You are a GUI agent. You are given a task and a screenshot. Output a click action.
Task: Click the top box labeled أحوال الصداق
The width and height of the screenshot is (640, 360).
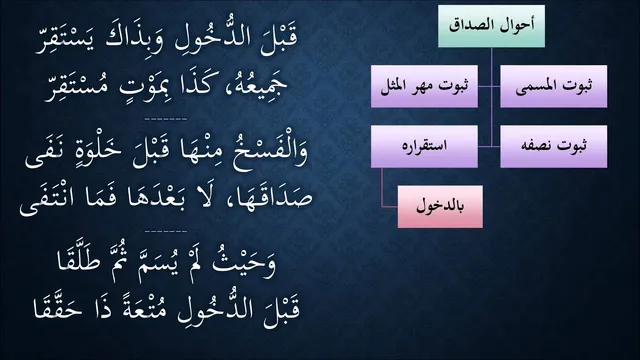coord(491,26)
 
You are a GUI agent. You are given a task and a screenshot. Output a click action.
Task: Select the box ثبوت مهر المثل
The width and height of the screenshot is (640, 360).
coord(424,87)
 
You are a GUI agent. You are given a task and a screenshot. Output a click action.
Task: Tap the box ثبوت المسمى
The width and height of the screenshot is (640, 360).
coord(553,87)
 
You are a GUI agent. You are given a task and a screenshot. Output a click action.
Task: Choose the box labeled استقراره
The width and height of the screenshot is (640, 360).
coord(424,147)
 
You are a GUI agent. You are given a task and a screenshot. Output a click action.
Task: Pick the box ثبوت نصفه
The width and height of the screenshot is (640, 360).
coord(553,147)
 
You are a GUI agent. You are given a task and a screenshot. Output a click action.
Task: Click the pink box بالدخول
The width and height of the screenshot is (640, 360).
coord(440,207)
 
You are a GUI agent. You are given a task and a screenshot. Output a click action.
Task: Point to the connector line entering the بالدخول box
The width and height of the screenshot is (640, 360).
coord(390,207)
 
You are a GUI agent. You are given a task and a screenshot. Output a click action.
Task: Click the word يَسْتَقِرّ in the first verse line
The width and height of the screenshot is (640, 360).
coord(64,41)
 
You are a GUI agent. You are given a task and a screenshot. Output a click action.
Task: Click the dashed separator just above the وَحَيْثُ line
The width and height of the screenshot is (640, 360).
coord(166,231)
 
